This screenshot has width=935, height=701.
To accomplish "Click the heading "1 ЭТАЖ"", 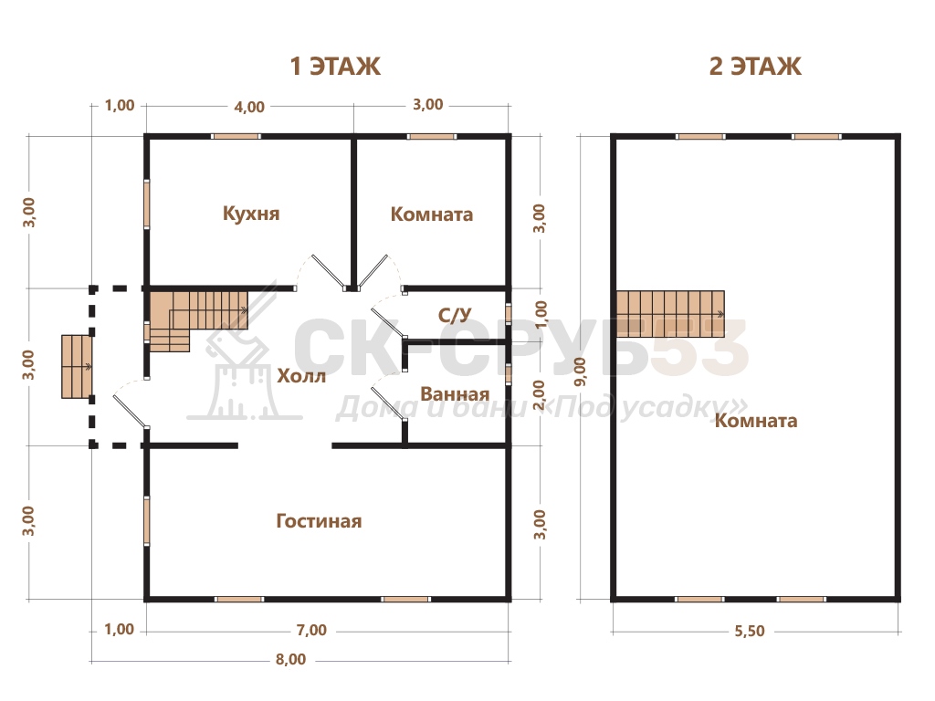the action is tap(335, 66).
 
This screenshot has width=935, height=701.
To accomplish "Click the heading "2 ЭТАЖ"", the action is tap(755, 66).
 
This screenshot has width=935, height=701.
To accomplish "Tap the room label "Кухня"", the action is tap(251, 214).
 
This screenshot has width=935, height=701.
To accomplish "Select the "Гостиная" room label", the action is tap(319, 521).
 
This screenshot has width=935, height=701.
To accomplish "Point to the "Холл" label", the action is tap(301, 375).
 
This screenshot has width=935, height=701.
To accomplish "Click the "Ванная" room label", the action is tap(455, 394).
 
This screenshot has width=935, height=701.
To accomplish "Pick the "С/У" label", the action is tap(455, 315).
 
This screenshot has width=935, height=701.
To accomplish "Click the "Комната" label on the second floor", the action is tap(756, 420).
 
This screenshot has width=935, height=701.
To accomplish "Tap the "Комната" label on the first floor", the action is tap(432, 214).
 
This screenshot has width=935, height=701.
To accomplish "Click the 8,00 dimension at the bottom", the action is tap(291, 659).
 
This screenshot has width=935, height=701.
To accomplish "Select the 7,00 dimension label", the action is tap(312, 630).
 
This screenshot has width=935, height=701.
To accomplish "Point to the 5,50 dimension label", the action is tap(750, 631).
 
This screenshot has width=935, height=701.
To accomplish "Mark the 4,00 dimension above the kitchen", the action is tap(249, 107).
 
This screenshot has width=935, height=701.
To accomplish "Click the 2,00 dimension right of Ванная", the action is tap(539, 394).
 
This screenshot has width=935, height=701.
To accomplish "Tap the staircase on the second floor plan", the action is tap(670, 314).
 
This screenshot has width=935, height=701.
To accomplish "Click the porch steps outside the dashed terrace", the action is tap(77, 367).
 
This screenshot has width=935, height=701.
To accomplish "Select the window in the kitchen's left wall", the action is tap(147, 204).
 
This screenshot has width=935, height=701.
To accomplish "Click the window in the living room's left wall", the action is tap(147, 521).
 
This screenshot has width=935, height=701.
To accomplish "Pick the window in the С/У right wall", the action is tap(509, 314).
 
